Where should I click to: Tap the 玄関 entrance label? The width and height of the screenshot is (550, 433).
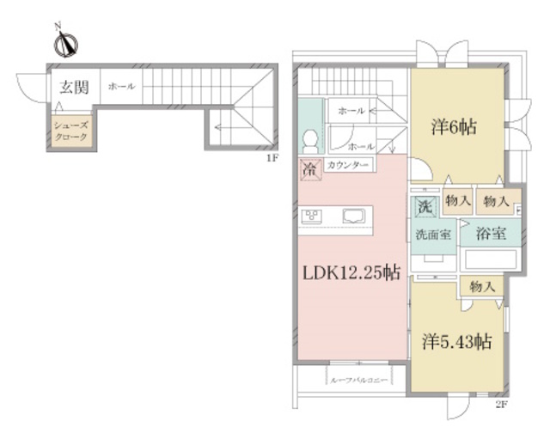coord(72,87)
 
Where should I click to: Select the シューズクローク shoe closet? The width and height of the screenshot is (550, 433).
coord(72,131)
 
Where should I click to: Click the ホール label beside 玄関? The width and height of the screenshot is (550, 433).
coord(121,87)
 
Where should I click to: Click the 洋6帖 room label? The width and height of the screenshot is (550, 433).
coord(453,127)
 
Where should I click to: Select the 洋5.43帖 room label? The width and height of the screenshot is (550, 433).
coord(457,341)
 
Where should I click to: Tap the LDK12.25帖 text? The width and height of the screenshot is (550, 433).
coord(350,273)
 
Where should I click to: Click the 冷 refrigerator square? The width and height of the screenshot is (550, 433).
coord(309,169)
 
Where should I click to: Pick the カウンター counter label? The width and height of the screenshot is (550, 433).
coord(348,165)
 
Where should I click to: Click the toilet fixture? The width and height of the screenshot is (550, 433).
coord(309,142)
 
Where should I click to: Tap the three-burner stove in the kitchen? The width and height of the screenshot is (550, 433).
coord(311,216)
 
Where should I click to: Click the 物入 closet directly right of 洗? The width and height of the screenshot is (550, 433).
coord(458,201)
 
